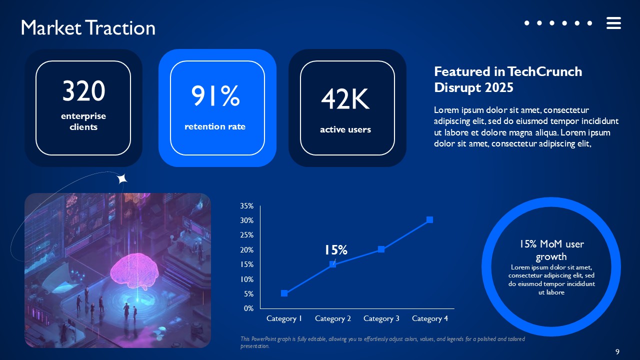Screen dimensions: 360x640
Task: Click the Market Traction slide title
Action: click(x=88, y=28)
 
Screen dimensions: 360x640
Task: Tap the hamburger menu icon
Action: click(x=613, y=23)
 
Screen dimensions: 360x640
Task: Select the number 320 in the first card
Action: click(x=83, y=91)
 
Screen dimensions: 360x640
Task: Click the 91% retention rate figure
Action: click(x=215, y=96)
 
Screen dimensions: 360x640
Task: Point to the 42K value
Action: click(x=345, y=99)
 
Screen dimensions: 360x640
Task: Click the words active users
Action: click(x=345, y=129)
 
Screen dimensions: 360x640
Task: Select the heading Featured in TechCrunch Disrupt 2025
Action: click(x=507, y=79)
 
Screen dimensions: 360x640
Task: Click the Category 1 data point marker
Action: click(x=284, y=293)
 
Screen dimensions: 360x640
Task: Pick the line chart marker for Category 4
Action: click(x=429, y=220)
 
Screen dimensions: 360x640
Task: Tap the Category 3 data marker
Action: click(x=381, y=249)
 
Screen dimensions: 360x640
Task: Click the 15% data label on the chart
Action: click(x=335, y=250)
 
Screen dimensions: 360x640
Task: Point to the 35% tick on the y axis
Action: click(x=247, y=206)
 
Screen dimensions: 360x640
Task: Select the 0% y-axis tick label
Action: click(x=249, y=308)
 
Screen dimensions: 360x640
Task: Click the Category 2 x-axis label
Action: click(x=332, y=318)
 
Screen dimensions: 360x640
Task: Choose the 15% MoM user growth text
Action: click(x=551, y=250)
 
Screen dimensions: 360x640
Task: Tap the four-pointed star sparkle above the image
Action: click(x=122, y=178)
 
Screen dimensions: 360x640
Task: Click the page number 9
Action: click(x=617, y=352)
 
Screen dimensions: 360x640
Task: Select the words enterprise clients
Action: click(x=83, y=121)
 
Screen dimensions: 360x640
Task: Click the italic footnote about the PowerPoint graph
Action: click(x=382, y=342)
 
